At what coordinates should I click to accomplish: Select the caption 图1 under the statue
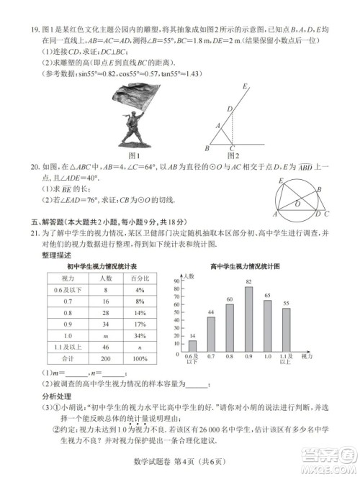pos(132,155)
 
